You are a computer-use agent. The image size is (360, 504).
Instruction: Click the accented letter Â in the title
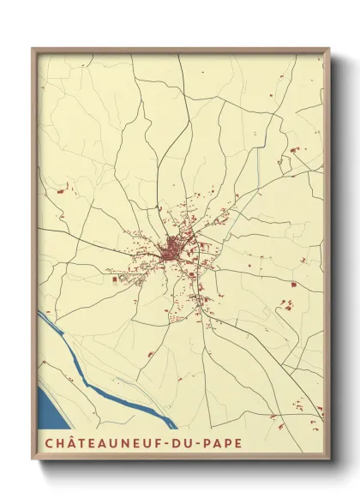(69, 444)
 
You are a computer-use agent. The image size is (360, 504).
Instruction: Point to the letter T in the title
(81, 444)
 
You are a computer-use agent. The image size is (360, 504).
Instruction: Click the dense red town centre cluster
(172, 250)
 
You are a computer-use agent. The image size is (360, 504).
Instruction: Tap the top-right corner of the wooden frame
(328, 49)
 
